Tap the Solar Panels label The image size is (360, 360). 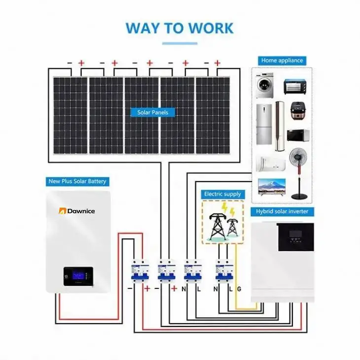152,112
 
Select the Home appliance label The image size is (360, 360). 282,60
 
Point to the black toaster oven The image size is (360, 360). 295,87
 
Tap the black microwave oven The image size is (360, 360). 298,135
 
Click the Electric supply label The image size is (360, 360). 222,194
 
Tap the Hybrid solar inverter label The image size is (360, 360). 283,211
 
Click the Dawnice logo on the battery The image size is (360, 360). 77,211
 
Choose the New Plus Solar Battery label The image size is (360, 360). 77,181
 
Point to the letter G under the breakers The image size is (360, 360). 239,288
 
